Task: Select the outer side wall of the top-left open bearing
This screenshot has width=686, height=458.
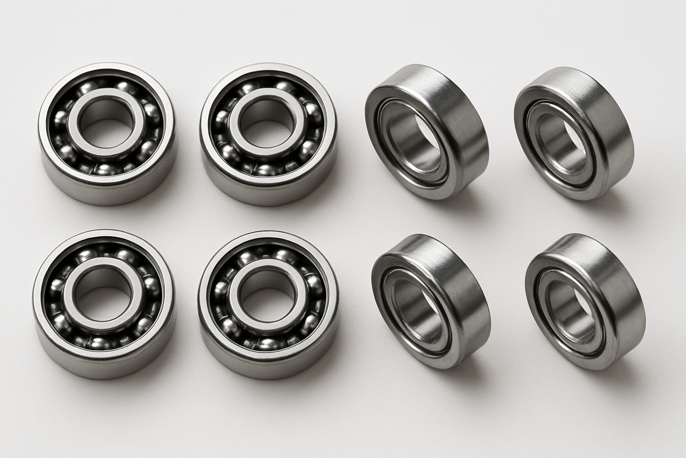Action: click(107, 190)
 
